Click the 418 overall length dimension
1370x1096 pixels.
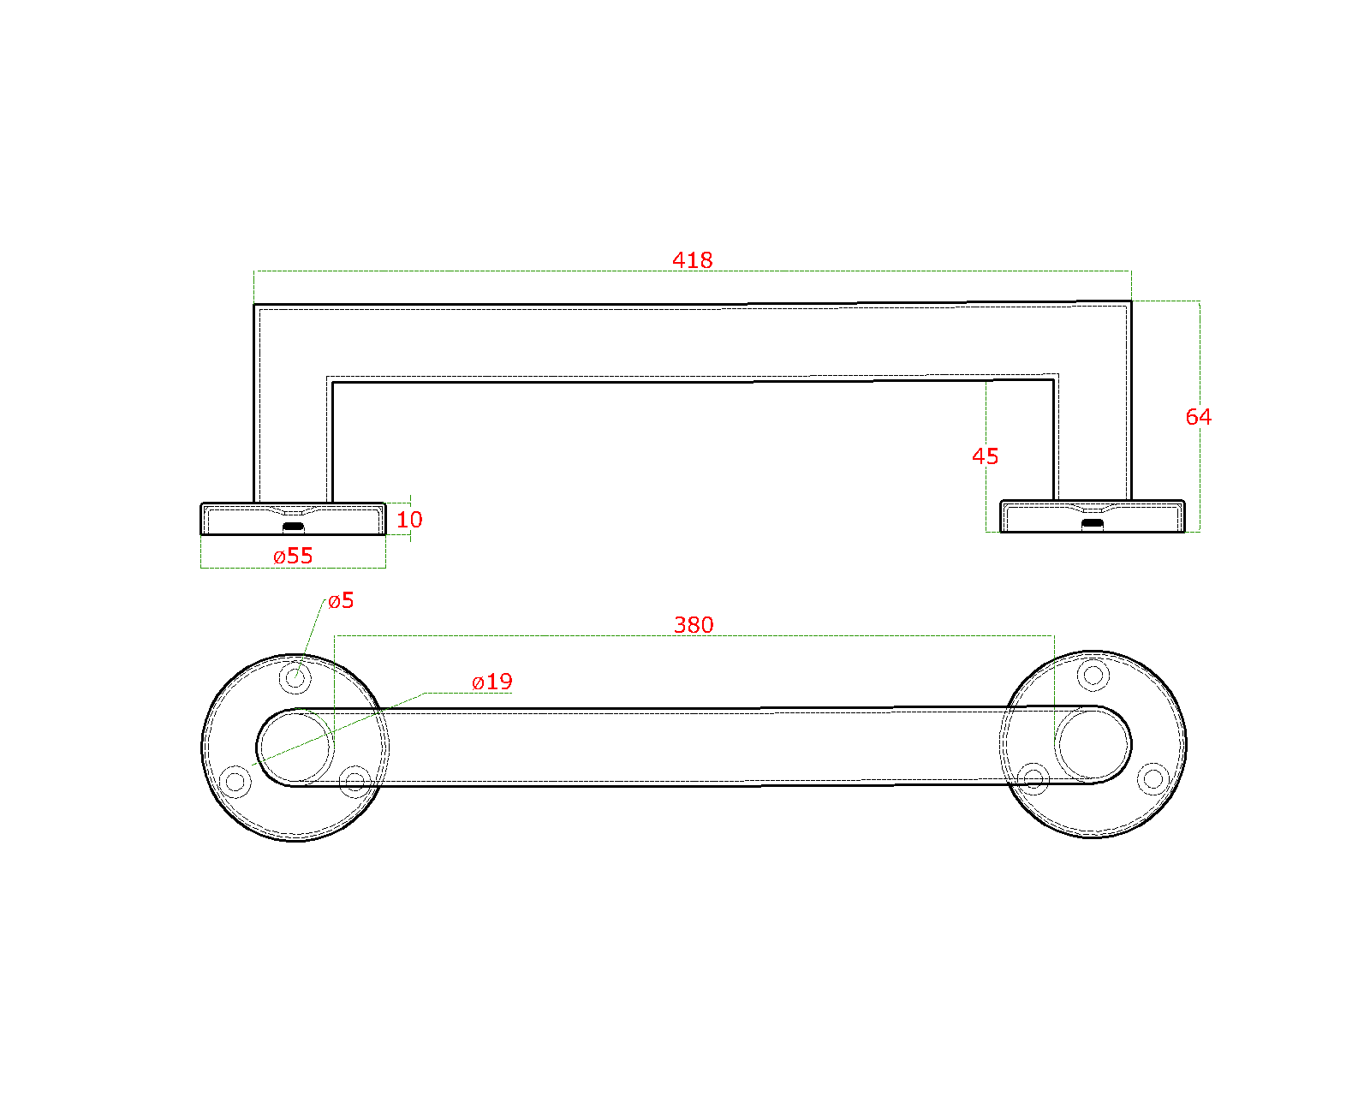point(692,259)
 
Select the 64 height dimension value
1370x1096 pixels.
point(1198,416)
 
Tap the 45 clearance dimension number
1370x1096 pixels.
point(985,456)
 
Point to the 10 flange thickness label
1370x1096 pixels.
point(409,519)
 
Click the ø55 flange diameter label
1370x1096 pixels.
point(293,556)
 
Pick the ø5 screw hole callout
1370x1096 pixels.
point(341,600)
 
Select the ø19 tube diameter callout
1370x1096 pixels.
point(492,682)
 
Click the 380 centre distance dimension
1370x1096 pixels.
point(694,624)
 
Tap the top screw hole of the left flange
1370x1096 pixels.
point(295,677)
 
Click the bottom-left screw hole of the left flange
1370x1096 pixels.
point(235,781)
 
